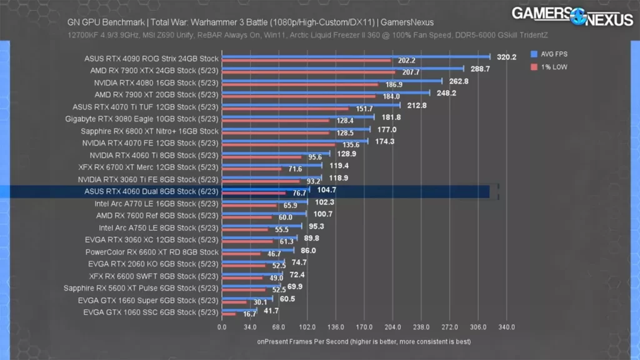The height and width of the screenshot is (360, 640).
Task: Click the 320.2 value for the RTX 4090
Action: click(x=506, y=56)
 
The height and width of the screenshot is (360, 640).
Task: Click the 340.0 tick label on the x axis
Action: click(x=506, y=327)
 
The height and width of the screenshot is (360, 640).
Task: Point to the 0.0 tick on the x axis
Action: click(x=222, y=327)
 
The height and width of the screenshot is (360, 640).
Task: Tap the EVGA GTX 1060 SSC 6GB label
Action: click(x=151, y=312)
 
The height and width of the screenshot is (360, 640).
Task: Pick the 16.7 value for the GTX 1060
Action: click(x=249, y=314)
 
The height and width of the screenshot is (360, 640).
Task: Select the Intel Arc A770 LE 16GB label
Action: click(x=156, y=203)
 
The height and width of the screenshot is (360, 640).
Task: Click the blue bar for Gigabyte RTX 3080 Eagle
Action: click(x=297, y=117)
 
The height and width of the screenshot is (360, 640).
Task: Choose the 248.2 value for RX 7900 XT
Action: click(x=446, y=92)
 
